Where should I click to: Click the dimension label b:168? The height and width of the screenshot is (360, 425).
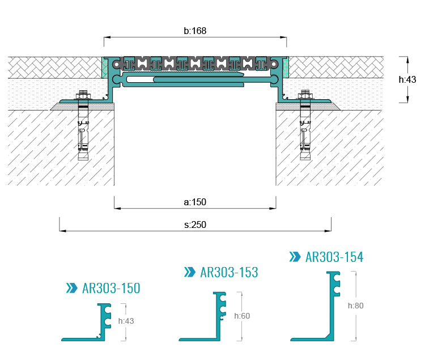tap(195, 31)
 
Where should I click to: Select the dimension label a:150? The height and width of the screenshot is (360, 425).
tap(195, 202)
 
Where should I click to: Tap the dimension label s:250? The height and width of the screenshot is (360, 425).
tap(195, 225)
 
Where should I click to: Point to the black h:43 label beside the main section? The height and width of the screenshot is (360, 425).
tap(407, 79)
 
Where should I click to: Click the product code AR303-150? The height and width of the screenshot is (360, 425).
tap(111, 288)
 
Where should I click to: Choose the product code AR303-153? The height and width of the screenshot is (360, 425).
tap(229, 272)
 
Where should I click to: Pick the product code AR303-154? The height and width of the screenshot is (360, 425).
tap(334, 257)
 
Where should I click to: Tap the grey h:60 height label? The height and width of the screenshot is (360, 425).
tap(242, 316)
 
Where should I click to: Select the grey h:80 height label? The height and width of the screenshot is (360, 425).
tap(356, 306)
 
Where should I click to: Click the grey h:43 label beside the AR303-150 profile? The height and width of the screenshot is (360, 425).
tap(126, 321)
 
